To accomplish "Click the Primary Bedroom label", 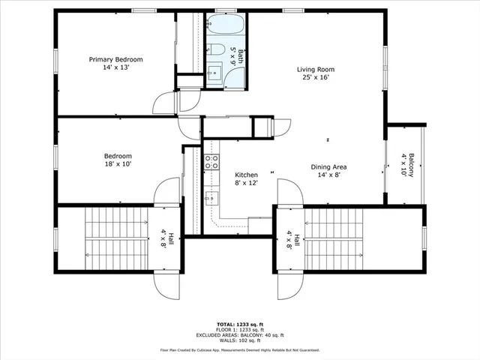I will click(x=115, y=59).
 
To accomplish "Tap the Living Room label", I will click(x=318, y=69).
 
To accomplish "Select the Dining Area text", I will click(x=328, y=167).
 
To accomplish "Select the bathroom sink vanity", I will click(x=214, y=73).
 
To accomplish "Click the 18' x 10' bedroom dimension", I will click(x=118, y=166).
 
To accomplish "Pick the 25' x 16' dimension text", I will click(x=318, y=77).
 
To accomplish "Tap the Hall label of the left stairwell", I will click(x=165, y=240).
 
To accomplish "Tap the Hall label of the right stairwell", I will click(x=292, y=240).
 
